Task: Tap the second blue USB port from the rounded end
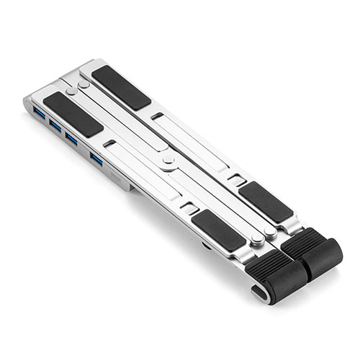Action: click(55, 125)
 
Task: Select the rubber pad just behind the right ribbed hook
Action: click(266, 202)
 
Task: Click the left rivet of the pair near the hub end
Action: click(71, 92)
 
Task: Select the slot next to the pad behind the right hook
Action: click(235, 179)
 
